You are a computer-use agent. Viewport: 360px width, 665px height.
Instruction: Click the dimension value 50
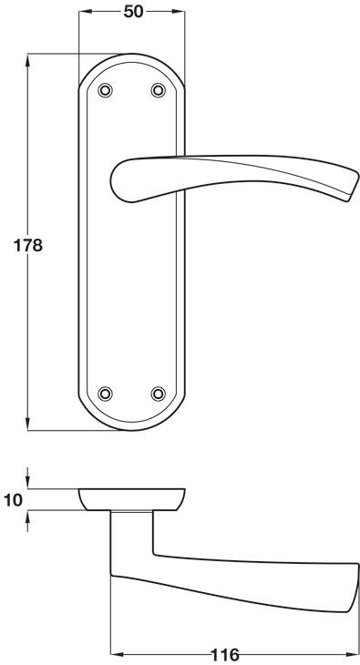coord(133,12)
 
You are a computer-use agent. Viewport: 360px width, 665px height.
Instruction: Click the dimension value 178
coord(28,246)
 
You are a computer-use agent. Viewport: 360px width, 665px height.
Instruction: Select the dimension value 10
coord(13,500)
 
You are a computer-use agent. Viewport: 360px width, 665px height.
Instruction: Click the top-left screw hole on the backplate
coord(105,90)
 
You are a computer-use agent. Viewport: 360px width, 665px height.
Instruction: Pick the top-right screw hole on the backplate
coord(159,90)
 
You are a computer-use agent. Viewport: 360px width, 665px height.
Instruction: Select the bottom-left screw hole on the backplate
coord(105,394)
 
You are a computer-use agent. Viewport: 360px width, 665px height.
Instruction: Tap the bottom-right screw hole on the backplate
coord(159,394)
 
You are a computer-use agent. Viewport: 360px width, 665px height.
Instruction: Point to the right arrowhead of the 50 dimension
coord(179,12)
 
